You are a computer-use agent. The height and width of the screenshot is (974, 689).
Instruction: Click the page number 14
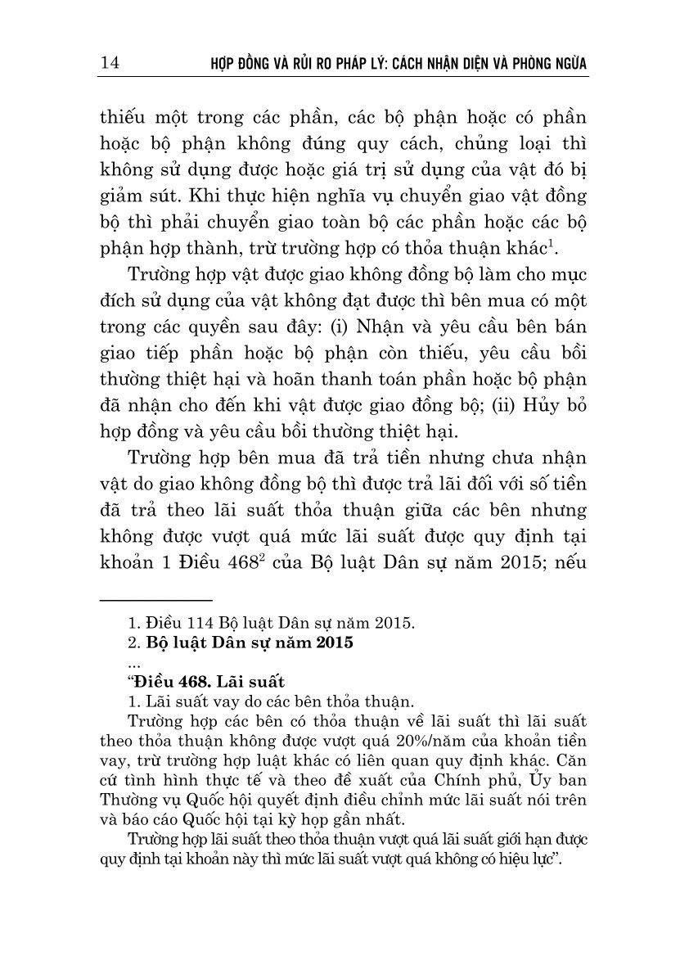pyautogui.click(x=109, y=64)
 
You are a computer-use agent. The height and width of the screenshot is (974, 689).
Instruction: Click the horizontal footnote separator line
pyautogui.click(x=167, y=600)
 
